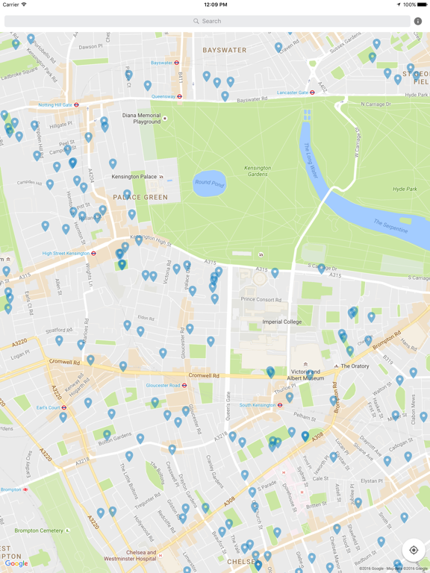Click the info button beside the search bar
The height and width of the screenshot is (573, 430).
click(x=417, y=21)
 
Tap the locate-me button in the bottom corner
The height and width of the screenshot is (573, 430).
click(x=414, y=550)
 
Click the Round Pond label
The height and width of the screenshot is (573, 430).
click(x=209, y=182)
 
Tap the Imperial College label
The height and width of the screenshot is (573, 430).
click(x=282, y=322)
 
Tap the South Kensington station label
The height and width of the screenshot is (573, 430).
click(x=261, y=405)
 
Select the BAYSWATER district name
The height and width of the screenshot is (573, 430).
click(x=224, y=50)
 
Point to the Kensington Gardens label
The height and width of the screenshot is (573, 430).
click(x=258, y=171)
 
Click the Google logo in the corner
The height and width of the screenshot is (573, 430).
click(x=16, y=563)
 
